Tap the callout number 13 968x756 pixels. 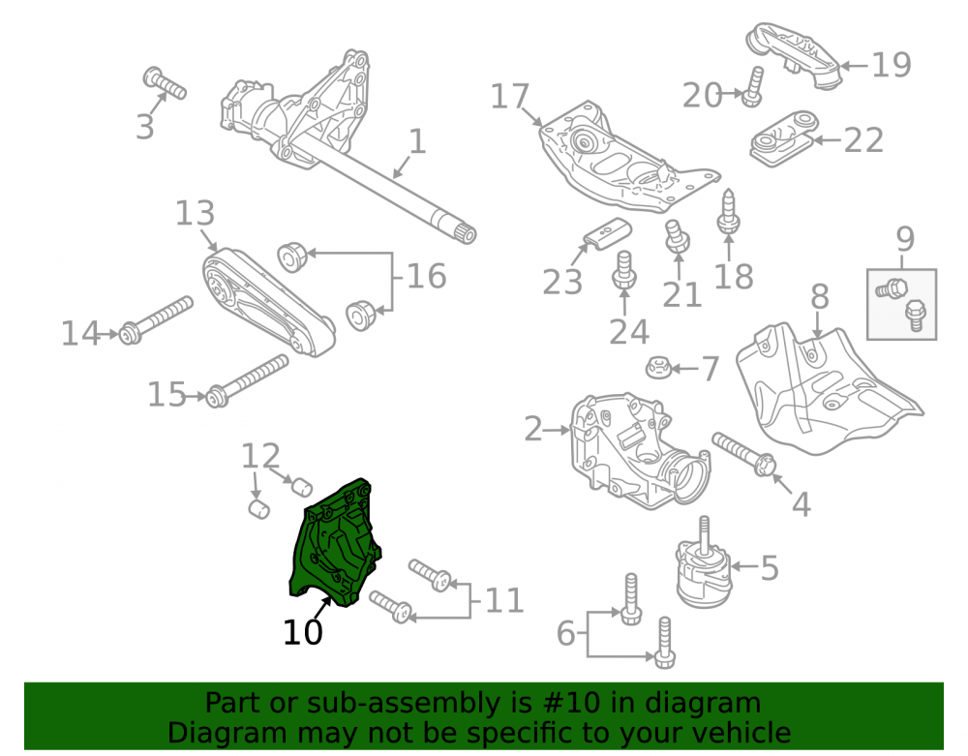point(196,213)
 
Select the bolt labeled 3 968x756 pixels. point(165,83)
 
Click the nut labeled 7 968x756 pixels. point(657,369)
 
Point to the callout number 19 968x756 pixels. point(892,64)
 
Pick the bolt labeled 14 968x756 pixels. point(156,320)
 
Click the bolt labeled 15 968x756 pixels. point(247,380)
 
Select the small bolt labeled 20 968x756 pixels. point(753,87)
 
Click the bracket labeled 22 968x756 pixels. point(783,138)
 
